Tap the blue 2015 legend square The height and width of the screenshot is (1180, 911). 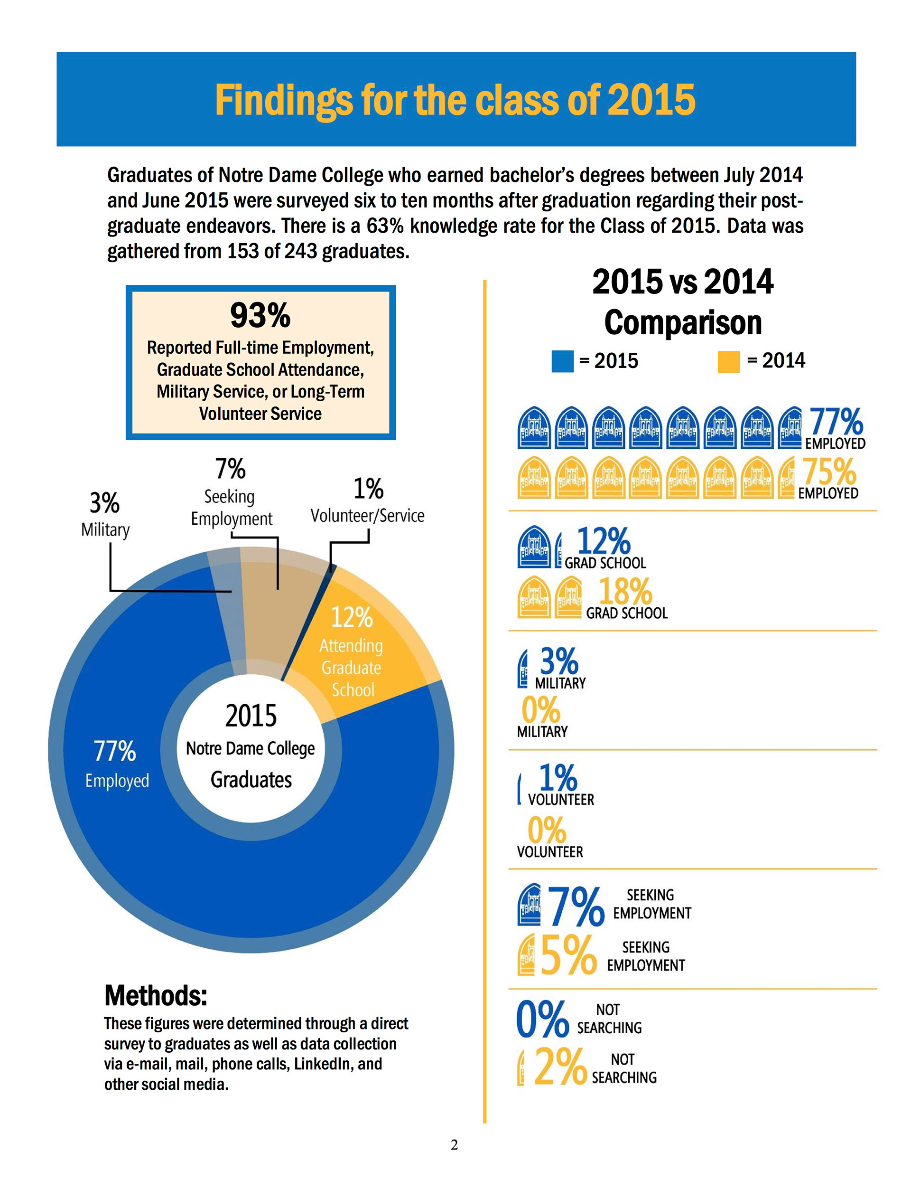pos(562,361)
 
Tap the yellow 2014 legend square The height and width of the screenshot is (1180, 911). pos(728,361)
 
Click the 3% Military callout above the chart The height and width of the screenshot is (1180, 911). pos(105,513)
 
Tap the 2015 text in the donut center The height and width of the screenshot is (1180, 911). pos(251,716)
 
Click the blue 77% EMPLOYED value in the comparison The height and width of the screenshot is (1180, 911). pos(836,423)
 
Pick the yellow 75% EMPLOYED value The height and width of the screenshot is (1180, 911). pos(829,472)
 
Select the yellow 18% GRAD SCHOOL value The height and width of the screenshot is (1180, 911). pos(625,592)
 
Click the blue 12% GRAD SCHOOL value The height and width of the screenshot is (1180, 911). pos(603,541)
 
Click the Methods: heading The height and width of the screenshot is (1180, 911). pos(156,996)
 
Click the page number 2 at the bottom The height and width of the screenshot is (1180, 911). pos(454,1144)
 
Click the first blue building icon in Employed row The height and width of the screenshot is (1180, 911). pos(534,428)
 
